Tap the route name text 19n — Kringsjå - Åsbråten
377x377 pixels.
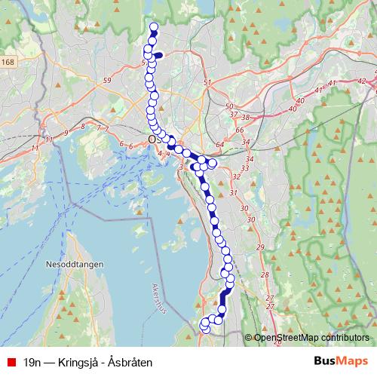[x=87, y=362]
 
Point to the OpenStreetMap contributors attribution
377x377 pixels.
[x=311, y=338]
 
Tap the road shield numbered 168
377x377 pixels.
[x=8, y=63]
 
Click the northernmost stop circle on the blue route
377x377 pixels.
[x=155, y=28]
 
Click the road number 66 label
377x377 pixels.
[x=240, y=130]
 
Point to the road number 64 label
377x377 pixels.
[x=219, y=144]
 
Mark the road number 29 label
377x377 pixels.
[x=260, y=247]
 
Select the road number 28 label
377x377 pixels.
[x=265, y=274]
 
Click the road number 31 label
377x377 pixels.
[x=243, y=193]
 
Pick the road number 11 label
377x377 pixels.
[x=48, y=139]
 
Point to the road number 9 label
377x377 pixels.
[x=66, y=133]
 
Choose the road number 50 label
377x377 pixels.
[x=229, y=107]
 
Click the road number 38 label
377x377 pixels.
[x=244, y=117]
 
